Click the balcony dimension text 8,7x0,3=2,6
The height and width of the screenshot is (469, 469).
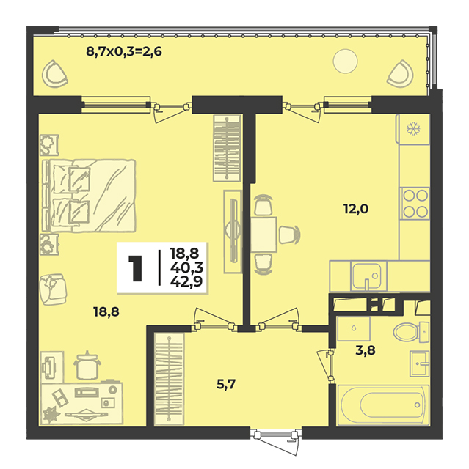[x=124, y=52]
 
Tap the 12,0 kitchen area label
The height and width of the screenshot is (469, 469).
[x=356, y=209]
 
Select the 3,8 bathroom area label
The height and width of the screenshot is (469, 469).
[x=366, y=350]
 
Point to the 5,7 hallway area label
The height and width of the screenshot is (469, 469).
[x=226, y=384]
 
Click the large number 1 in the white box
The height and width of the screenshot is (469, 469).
[x=135, y=268]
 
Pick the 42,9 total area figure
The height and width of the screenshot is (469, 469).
[x=186, y=281]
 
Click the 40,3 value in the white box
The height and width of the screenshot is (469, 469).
[x=186, y=267]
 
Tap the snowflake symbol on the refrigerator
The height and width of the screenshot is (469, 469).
[x=413, y=129]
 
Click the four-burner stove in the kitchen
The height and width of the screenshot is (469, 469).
[x=415, y=204]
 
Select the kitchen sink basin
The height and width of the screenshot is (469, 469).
[x=366, y=276]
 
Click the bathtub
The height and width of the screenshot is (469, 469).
[x=383, y=405]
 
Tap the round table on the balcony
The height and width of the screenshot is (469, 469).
[x=345, y=61]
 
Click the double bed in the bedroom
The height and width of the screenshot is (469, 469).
[x=89, y=196]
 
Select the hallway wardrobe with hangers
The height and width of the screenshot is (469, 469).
[x=169, y=380]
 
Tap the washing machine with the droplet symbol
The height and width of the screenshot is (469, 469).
[x=354, y=328]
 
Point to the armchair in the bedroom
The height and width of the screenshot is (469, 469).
[x=53, y=289]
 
